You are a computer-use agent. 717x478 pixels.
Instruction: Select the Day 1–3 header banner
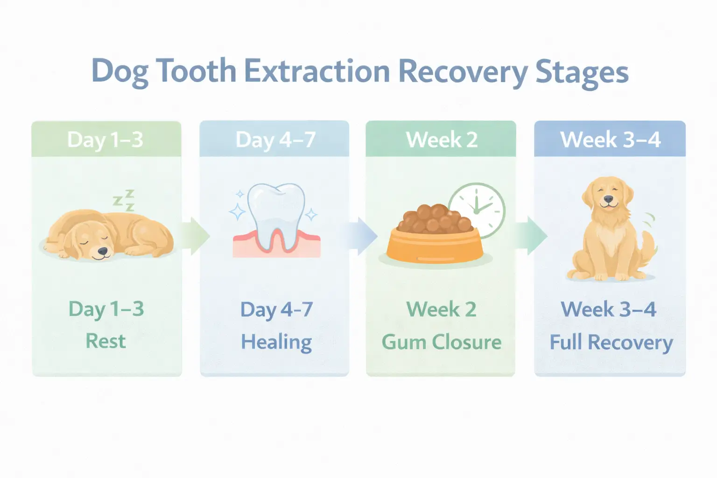106,139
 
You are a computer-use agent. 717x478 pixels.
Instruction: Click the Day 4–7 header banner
275,139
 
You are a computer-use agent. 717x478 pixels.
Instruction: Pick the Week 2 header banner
441,139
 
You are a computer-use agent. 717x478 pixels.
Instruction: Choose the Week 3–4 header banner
610,139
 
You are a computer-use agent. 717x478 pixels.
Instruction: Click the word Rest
105,341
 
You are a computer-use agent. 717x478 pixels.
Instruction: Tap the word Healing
276,342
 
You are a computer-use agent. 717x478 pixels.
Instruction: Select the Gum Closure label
441,342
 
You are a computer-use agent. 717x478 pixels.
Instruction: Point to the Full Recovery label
611,342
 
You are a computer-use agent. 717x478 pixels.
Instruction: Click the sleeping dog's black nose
102,252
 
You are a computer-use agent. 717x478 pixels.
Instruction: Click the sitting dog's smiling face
607,196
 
